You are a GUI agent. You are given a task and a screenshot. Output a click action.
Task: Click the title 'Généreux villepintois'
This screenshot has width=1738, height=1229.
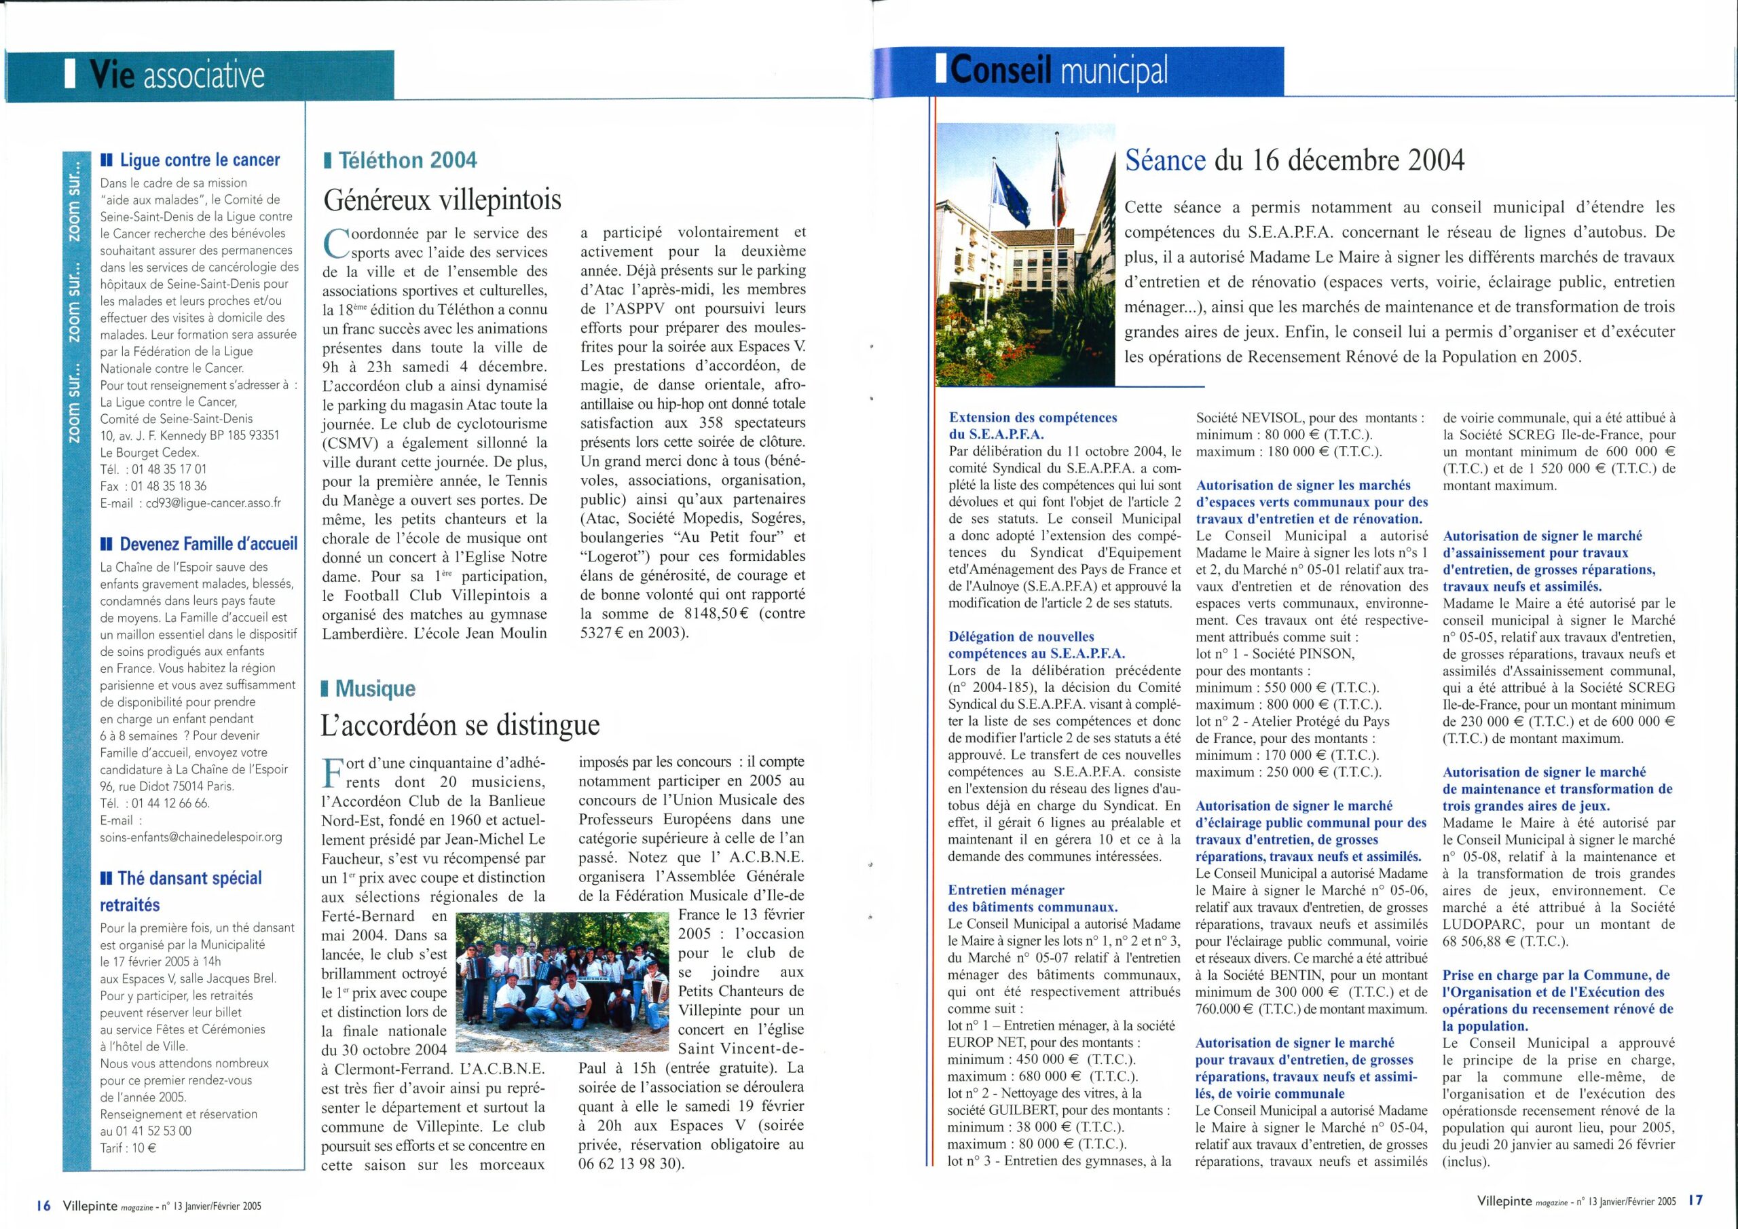click(443, 200)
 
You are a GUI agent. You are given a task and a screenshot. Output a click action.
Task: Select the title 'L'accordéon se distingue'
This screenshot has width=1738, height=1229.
click(460, 725)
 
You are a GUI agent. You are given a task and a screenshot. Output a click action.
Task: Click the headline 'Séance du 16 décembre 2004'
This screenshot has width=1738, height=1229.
click(1295, 160)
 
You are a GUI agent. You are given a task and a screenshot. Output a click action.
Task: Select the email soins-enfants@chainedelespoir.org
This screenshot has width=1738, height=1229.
click(191, 837)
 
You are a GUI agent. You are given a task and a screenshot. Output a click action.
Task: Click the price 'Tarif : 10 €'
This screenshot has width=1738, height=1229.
click(129, 1148)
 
